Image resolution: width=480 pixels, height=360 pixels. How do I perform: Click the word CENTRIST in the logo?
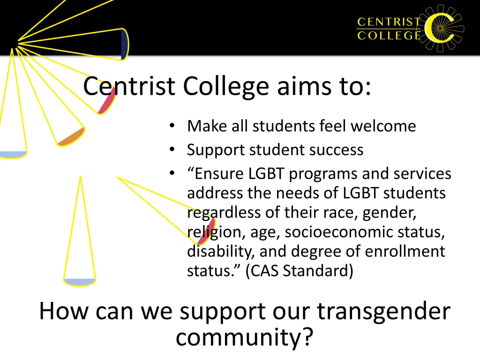coord(389,22)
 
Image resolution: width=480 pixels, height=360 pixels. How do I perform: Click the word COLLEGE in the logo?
coord(389,36)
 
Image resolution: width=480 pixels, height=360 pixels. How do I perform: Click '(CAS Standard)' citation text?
coord(299,271)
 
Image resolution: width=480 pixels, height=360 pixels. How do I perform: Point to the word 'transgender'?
coord(383,312)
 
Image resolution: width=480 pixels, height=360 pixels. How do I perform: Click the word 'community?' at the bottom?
coord(244,337)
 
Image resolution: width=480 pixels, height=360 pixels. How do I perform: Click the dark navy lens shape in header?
coord(124,45)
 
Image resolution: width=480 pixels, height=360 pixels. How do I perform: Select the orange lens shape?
coord(71,136)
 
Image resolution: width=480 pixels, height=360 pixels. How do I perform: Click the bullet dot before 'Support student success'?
coord(172,150)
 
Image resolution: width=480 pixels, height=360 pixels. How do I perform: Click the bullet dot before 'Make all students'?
coord(172,126)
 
